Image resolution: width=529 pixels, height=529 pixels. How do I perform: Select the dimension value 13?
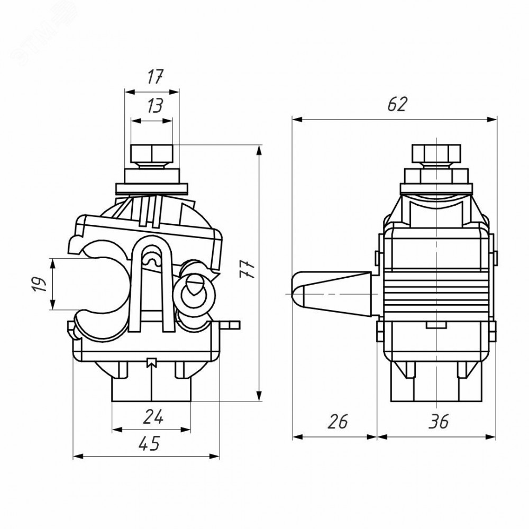tap(154, 107)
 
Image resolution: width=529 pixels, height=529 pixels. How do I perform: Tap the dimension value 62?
tap(396, 104)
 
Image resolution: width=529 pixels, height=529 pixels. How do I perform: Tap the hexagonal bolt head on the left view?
tap(151, 154)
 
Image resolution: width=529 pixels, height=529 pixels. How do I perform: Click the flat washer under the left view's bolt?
tap(151, 188)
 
